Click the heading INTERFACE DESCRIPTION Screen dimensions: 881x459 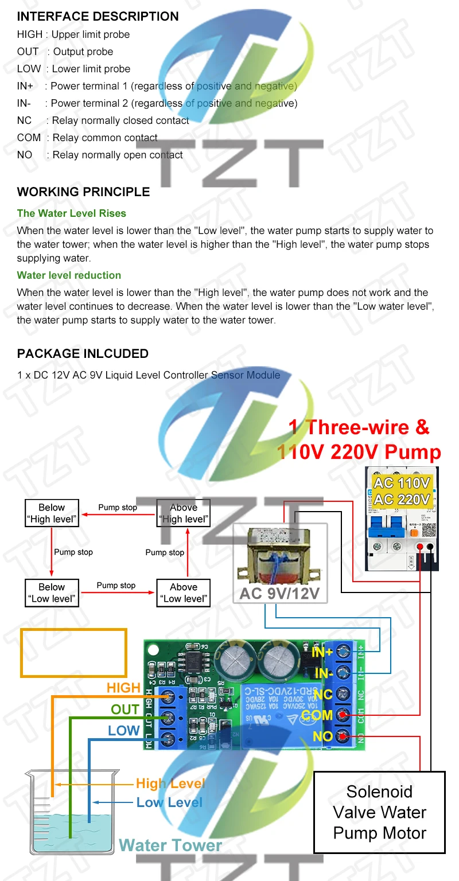tap(98, 17)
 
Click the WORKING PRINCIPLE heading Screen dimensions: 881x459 tap(83, 192)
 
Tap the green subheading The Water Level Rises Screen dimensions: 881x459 tap(71, 213)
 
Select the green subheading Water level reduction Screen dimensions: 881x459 tap(69, 275)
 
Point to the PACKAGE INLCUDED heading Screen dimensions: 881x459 tap(83, 354)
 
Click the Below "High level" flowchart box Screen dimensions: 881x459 tap(52, 513)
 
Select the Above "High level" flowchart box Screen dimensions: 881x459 tap(184, 513)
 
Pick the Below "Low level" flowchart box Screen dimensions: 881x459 tap(52, 593)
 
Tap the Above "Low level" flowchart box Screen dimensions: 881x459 tap(184, 593)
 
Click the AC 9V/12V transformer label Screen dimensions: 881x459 tap(279, 593)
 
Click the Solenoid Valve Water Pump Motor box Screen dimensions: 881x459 tap(379, 812)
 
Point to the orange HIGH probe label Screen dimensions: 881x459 tap(123, 688)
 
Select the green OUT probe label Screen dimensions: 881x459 tap(125, 710)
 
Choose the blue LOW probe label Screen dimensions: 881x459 tap(124, 731)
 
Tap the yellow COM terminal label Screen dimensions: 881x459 tap(317, 715)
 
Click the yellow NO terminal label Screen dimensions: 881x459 tap(322, 736)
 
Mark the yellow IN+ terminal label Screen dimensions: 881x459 tap(322, 652)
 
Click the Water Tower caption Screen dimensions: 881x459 tap(170, 845)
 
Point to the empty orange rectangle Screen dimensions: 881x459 tap(73, 653)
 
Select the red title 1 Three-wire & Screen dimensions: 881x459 tap(359, 427)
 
